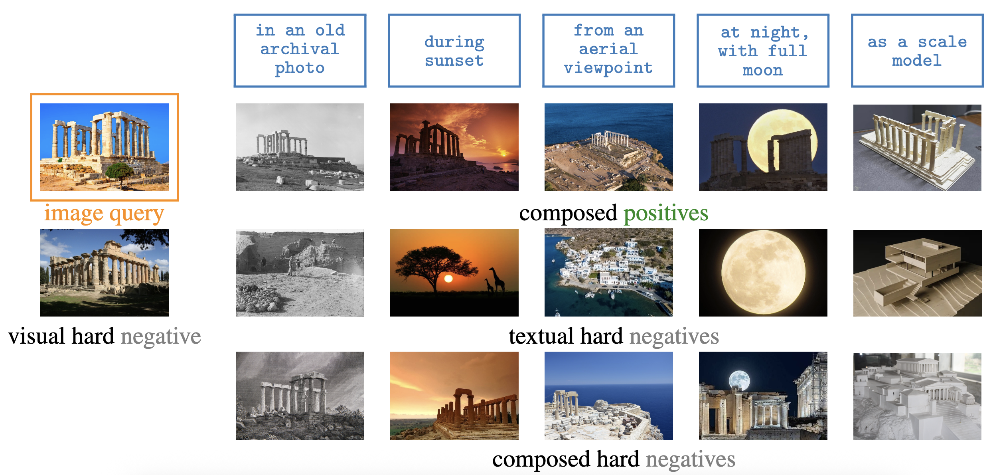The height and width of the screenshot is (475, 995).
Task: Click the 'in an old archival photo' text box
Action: pyautogui.click(x=300, y=50)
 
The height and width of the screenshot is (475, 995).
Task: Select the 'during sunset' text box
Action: pyautogui.click(x=454, y=50)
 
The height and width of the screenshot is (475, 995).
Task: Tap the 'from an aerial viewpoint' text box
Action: pyautogui.click(x=609, y=50)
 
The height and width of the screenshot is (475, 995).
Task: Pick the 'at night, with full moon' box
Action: pyautogui.click(x=763, y=50)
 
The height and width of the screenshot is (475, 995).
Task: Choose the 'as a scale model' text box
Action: pyautogui.click(x=917, y=50)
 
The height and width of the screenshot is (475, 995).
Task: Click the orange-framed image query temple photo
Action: pyautogui.click(x=105, y=147)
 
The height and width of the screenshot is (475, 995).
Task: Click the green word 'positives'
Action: pyautogui.click(x=666, y=214)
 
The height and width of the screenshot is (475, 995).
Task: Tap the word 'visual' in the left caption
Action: pyautogui.click(x=36, y=336)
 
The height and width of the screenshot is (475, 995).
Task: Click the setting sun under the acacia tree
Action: pyautogui.click(x=448, y=279)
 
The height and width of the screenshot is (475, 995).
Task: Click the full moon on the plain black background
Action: pyautogui.click(x=763, y=272)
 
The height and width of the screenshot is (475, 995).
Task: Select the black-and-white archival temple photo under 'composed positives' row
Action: pyautogui.click(x=300, y=147)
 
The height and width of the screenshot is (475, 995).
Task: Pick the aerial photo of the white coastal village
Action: pyautogui.click(x=609, y=273)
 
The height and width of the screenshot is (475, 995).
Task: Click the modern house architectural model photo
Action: pyautogui.click(x=918, y=273)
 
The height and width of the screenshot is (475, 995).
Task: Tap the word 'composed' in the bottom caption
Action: pyautogui.click(x=541, y=460)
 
